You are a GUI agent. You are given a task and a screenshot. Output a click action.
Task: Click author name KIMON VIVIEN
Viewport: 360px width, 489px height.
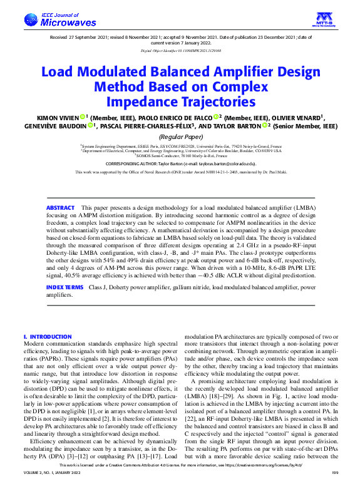[x=71, y=116]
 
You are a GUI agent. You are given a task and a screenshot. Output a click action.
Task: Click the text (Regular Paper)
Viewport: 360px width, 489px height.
[x=180, y=136]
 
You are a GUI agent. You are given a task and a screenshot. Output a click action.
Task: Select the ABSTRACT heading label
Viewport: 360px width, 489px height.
[x=61, y=207]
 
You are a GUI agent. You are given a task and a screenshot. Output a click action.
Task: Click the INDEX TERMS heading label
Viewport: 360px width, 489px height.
[x=64, y=287]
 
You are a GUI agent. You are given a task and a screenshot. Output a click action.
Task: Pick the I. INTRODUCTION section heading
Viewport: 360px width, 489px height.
[x=47, y=337]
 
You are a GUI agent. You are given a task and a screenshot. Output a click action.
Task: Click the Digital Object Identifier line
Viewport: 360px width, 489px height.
[x=180, y=49]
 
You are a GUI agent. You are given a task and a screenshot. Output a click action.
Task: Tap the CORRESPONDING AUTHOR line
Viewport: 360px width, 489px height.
[x=180, y=162]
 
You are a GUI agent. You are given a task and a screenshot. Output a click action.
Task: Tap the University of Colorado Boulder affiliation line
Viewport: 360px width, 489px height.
[x=180, y=151]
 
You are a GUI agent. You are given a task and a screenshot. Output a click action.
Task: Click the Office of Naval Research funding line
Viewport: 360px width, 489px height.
[x=180, y=171]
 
